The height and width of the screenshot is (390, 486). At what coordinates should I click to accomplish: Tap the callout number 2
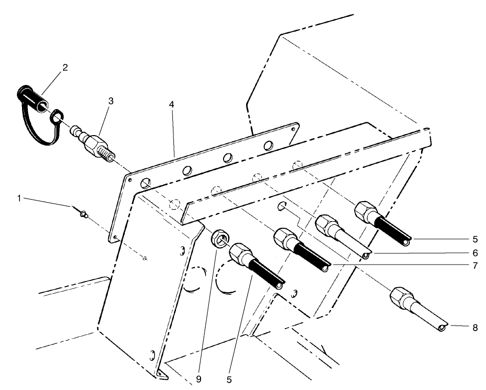click(65, 68)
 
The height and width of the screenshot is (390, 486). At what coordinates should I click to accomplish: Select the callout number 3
click(111, 101)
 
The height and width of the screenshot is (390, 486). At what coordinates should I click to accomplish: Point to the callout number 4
click(172, 104)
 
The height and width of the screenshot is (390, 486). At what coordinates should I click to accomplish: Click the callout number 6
click(475, 253)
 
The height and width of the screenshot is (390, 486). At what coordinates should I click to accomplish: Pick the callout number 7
click(475, 266)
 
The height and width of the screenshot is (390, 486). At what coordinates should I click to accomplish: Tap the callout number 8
click(475, 326)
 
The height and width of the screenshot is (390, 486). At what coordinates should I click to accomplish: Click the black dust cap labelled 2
click(30, 98)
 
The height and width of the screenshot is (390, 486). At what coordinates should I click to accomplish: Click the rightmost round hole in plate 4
click(268, 146)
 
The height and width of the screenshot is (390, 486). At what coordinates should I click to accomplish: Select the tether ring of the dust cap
click(56, 119)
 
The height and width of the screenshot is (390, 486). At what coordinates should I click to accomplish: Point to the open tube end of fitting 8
click(441, 328)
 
